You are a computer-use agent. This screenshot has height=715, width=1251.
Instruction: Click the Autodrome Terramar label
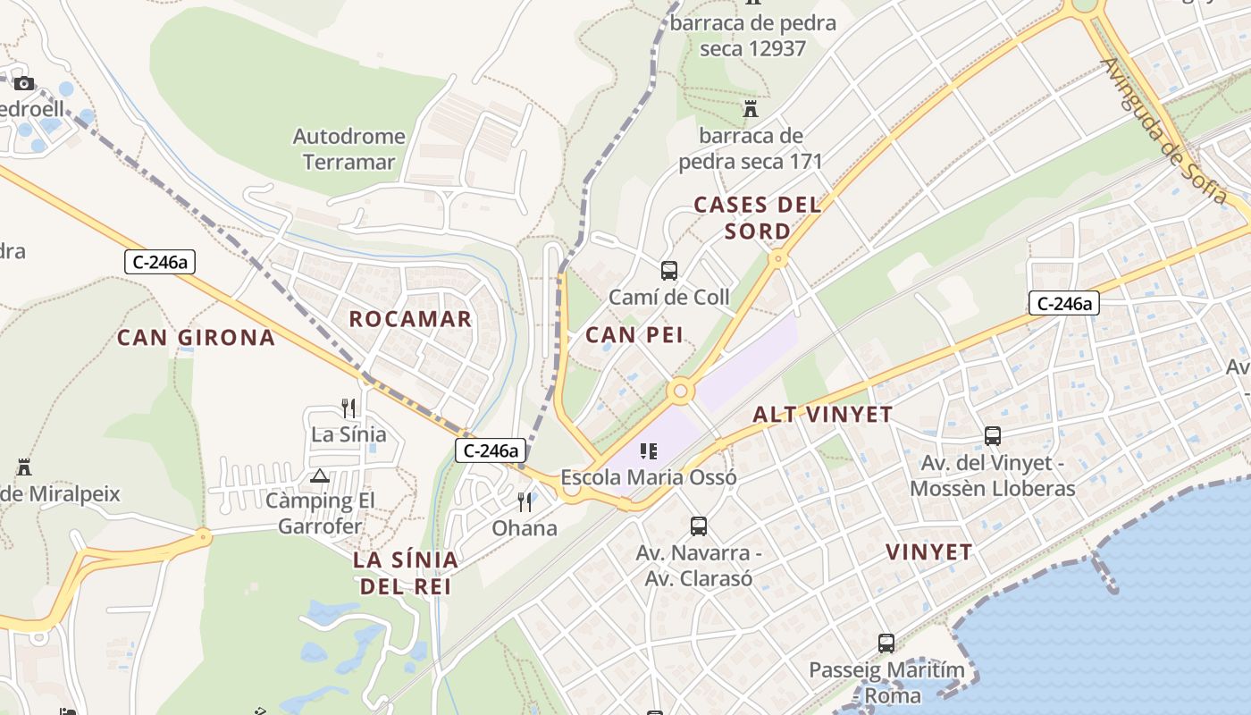click(349, 149)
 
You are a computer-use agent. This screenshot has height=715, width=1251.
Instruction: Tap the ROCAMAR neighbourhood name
click(410, 319)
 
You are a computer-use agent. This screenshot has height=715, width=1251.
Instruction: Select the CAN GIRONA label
click(196, 338)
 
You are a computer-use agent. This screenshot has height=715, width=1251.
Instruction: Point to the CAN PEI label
click(634, 335)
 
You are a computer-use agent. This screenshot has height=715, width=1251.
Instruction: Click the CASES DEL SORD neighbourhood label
click(757, 217)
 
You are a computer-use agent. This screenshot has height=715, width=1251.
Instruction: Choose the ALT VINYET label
click(822, 414)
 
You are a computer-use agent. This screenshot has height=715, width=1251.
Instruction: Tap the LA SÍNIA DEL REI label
click(405, 573)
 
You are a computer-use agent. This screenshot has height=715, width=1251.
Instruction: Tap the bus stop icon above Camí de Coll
click(668, 270)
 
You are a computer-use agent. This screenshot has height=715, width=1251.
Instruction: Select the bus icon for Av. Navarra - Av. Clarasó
click(699, 526)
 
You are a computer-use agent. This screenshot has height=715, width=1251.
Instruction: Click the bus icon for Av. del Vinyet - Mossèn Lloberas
click(992, 436)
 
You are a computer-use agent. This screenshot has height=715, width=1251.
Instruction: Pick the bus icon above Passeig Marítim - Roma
click(886, 643)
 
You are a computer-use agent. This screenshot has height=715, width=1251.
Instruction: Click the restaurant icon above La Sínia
click(348, 408)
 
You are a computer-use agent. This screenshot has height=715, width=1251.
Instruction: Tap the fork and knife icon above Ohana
click(525, 501)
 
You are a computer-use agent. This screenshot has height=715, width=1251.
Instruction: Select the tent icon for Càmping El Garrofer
click(320, 475)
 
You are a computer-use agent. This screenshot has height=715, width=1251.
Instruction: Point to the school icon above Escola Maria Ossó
click(649, 451)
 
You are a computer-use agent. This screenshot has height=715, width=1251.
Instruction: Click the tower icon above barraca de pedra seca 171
click(751, 109)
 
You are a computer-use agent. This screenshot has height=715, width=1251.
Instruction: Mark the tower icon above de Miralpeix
click(24, 467)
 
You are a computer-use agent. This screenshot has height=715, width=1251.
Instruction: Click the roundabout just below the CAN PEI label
click(681, 391)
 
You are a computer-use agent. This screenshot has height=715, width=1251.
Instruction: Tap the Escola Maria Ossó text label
click(649, 477)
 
